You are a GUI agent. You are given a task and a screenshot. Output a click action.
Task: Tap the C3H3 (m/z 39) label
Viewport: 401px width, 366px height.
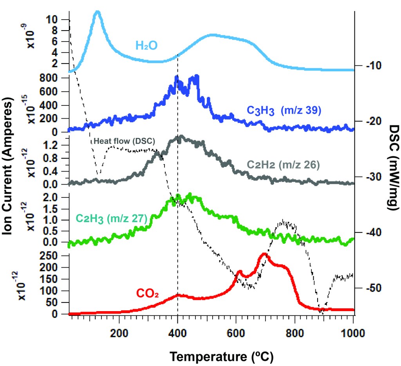click(x=284, y=111)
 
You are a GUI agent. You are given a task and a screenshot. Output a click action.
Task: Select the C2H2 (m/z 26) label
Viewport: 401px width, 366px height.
click(x=284, y=165)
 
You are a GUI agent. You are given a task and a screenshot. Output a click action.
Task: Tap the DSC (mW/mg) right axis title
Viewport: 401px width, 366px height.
click(x=391, y=169)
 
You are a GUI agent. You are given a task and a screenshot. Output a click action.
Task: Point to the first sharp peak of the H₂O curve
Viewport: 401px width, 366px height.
click(x=98, y=13)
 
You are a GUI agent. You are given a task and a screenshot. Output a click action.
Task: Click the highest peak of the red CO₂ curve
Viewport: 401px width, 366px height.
click(x=264, y=255)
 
